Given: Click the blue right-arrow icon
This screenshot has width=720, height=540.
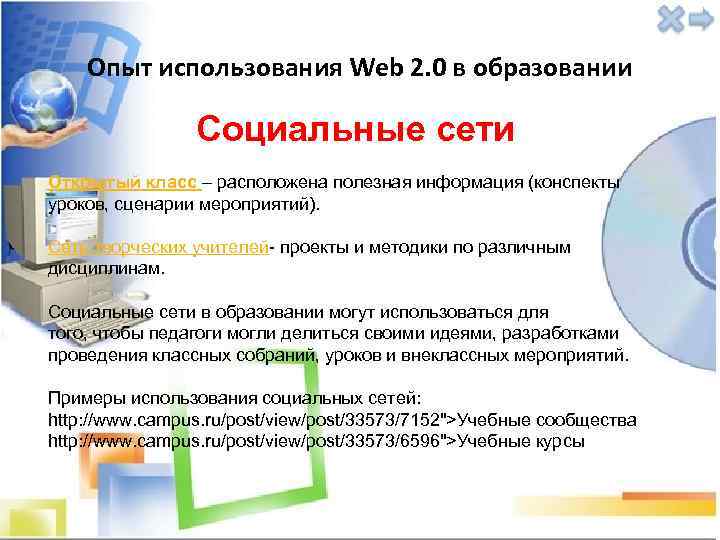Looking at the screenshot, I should coord(700,18).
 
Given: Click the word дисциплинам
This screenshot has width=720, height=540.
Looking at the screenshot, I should coord(107,268).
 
